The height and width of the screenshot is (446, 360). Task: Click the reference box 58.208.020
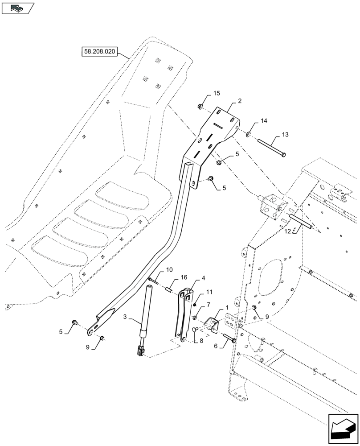coord(99,52)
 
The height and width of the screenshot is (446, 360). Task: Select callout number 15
coord(217,93)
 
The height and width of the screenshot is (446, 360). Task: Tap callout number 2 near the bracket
coord(239,101)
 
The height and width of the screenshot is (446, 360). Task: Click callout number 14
coord(264,121)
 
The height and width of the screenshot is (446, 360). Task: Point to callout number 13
coord(285,135)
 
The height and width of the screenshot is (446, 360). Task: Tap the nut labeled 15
coord(200,106)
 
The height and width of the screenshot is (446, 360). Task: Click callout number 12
coord(287,231)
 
